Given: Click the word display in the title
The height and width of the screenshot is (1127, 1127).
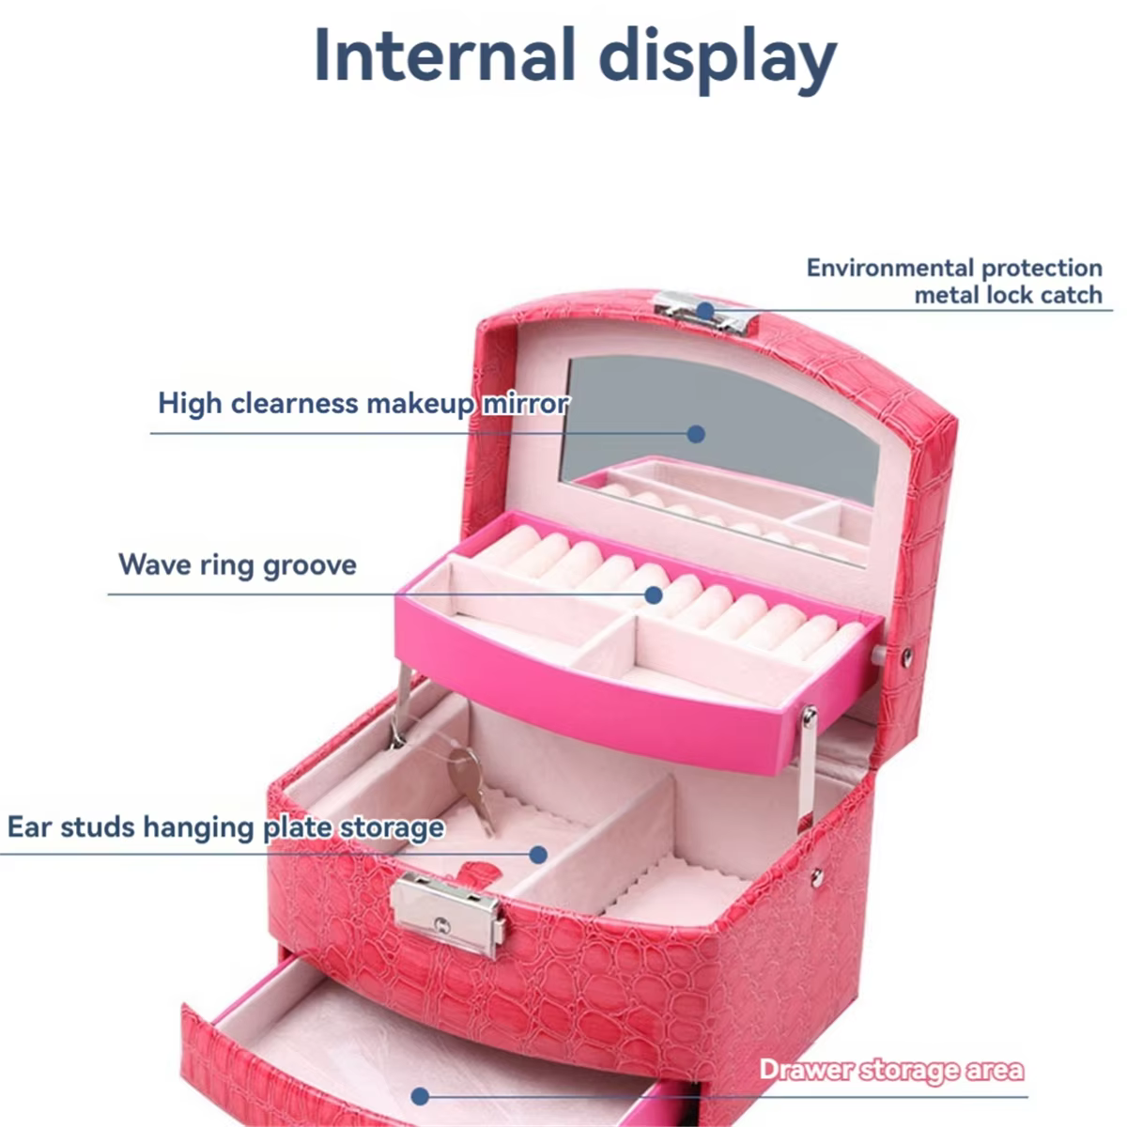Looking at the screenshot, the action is point(718,58).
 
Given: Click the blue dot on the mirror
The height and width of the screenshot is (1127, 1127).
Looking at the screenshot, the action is point(695,434).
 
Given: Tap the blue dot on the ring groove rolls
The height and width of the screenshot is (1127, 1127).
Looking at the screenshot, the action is point(654,595).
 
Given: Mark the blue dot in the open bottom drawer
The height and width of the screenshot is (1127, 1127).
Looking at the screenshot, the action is point(419,1096).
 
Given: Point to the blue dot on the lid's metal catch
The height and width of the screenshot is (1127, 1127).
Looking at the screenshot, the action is point(705,311).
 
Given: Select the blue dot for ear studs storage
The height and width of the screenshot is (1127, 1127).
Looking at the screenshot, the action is point(538,855).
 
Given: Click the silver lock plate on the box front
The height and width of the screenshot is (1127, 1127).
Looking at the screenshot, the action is point(448,917).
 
